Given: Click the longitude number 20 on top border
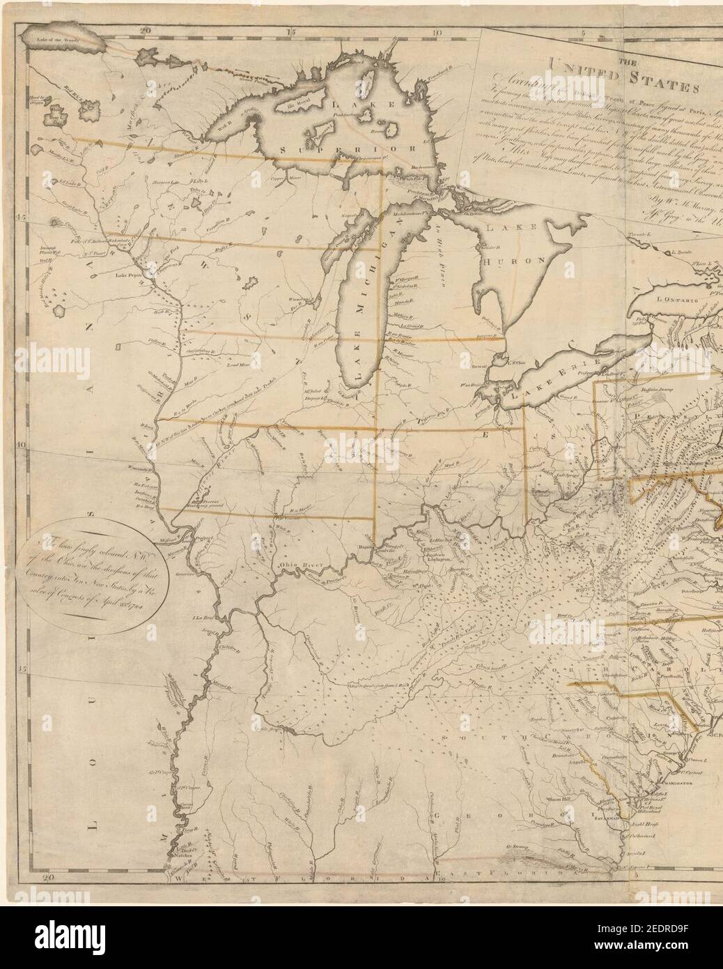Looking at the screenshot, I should pos(145,12).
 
